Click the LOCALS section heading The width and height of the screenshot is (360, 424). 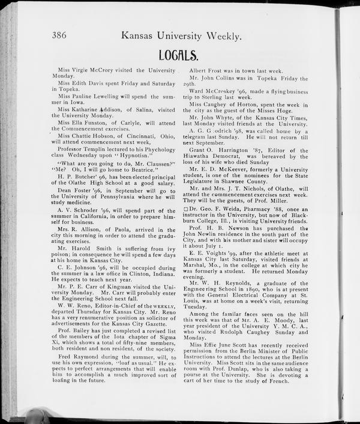(x=178, y=56)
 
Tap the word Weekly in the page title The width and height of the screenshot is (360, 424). (x=223, y=35)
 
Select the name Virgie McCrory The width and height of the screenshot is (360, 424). (x=90, y=70)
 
